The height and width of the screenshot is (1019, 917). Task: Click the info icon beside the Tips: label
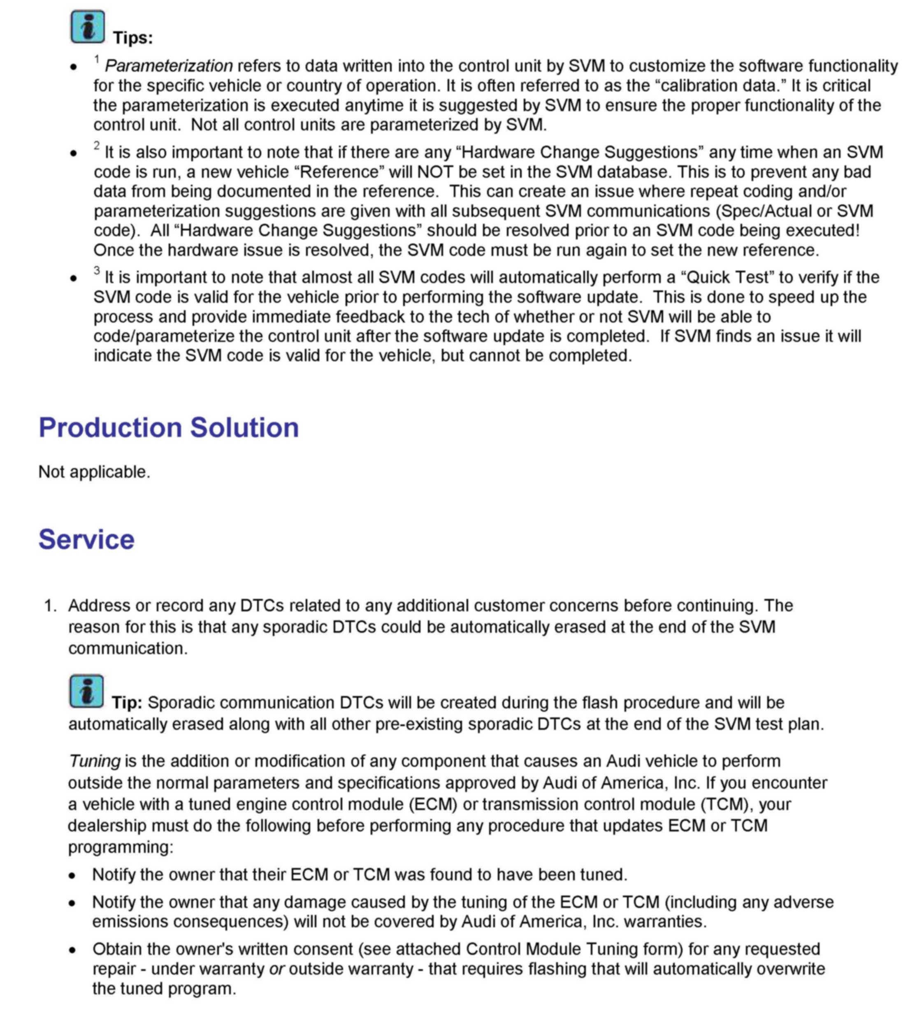coord(88,26)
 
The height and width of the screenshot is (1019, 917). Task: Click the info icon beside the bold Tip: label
coord(87,691)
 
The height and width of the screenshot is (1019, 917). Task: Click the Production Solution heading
coord(169,428)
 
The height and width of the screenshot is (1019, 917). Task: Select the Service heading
coord(87,539)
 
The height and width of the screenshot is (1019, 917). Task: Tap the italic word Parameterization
coord(168,66)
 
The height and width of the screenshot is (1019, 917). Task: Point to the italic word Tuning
coord(94,761)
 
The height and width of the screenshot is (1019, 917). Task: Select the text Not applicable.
coord(94,472)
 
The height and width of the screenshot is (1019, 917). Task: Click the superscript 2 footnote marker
coord(97,146)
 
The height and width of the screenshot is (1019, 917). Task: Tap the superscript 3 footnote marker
coord(97,271)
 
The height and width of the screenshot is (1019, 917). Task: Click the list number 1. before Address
coord(51,606)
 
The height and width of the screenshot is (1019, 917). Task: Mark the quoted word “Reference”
coord(341,172)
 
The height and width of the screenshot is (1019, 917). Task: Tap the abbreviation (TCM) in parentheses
coord(724,804)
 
